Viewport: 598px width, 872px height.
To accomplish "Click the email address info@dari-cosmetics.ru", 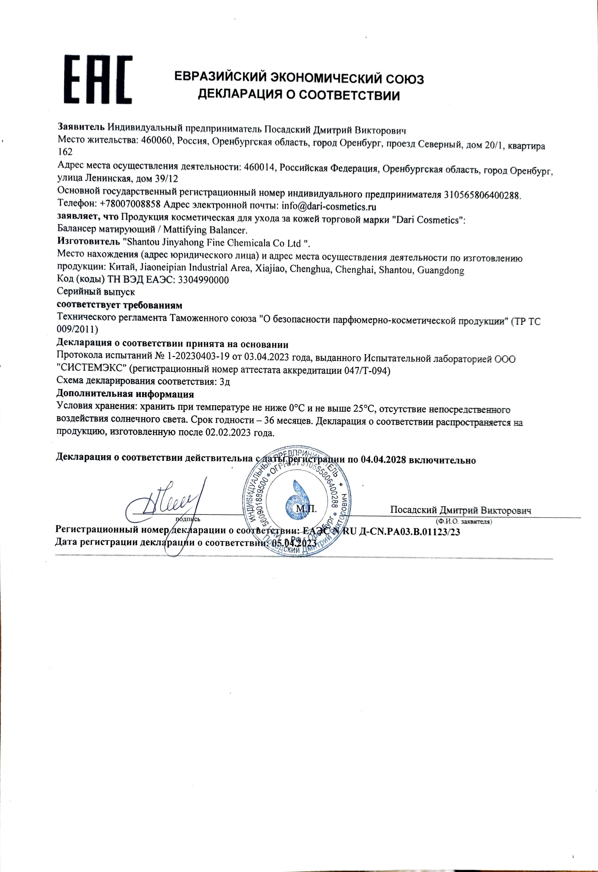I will coord(329,207).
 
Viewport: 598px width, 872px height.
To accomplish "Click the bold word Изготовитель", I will coord(88,241).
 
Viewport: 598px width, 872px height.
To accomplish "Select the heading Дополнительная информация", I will coord(125,394).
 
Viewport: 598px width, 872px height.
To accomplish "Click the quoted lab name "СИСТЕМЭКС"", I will coord(92,371).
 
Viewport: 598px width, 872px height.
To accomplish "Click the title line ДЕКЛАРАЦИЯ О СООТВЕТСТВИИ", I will coord(299,95).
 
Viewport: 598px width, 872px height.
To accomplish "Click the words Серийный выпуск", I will coord(96,292).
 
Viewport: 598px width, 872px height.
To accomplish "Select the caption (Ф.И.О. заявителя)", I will coord(463,522).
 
